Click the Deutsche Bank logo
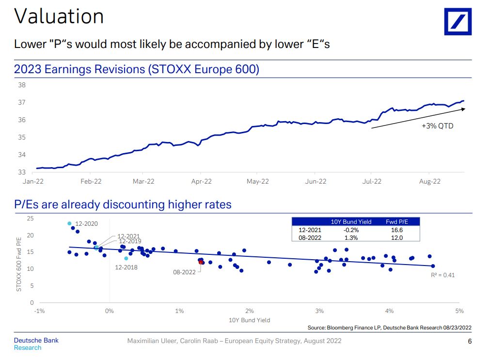coord(457,21)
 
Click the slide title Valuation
coord(59,16)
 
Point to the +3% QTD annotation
coord(437,126)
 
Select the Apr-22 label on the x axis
coord(201,182)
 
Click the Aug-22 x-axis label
coord(429,182)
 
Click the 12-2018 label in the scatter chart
coord(126,267)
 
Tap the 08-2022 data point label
coord(184,272)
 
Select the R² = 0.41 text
coord(442,275)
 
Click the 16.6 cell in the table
coord(396,230)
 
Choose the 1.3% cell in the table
coord(351,238)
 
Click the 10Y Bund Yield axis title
coord(249,320)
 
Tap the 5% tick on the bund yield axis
coord(459,311)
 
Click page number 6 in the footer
coord(469,341)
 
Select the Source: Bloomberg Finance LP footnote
coord(389,328)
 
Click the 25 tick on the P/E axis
coord(30,219)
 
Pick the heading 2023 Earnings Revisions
coord(136,69)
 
